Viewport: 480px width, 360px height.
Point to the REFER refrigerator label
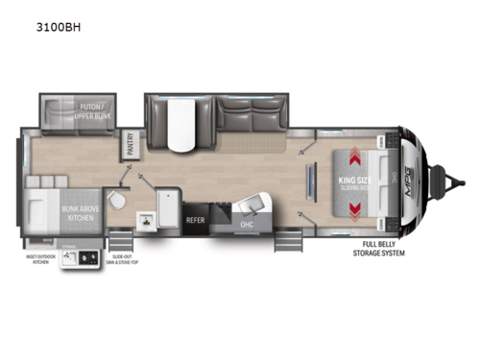196,220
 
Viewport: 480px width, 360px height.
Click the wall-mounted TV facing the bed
310,180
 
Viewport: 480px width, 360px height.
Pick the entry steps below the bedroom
286,243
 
